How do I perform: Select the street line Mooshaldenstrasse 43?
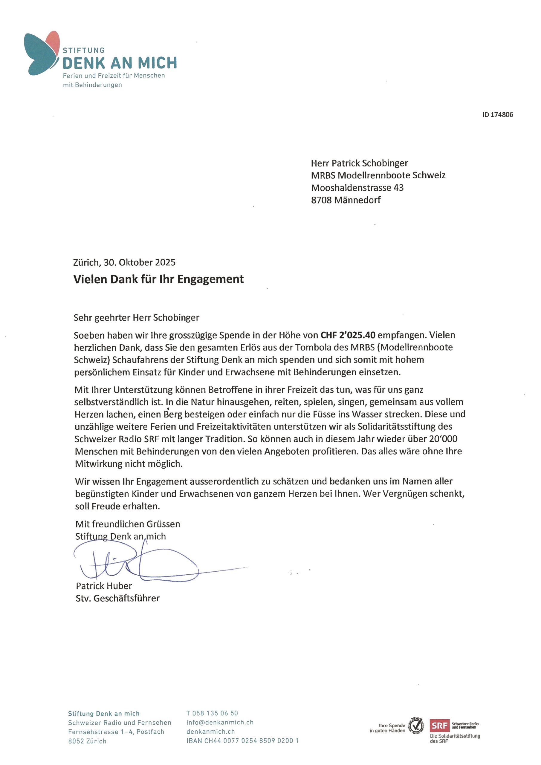[357, 188]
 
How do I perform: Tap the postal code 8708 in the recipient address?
[321, 200]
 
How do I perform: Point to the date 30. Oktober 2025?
[139, 263]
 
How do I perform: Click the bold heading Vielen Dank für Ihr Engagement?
[158, 279]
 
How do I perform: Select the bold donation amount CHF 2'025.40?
[348, 335]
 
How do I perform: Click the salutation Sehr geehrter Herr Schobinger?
[136, 318]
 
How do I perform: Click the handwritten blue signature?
[137, 563]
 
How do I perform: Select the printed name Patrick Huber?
[104, 586]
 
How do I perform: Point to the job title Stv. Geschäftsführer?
[117, 598]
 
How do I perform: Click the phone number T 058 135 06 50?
[212, 713]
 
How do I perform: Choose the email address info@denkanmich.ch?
[220, 722]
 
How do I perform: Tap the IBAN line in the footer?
[242, 741]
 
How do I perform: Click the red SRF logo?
[439, 725]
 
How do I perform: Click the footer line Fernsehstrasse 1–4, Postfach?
[116, 732]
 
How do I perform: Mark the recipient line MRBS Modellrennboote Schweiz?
[378, 175]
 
